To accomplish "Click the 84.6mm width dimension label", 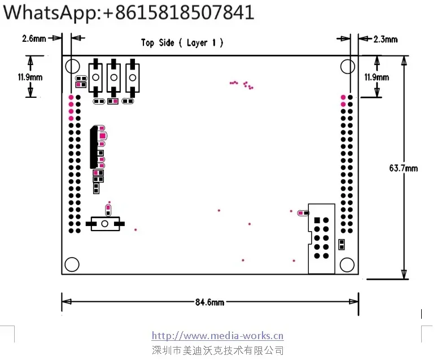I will (x=209, y=302).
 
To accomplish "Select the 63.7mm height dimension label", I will (x=403, y=168).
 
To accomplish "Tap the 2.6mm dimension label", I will (x=34, y=38).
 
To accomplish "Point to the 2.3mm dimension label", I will (x=386, y=39).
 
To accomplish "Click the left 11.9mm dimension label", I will (x=29, y=77).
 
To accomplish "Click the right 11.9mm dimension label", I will (x=376, y=77).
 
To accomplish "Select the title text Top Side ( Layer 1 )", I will (x=182, y=42).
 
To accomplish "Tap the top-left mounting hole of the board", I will (x=71, y=67).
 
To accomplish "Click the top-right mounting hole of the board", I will (x=347, y=67).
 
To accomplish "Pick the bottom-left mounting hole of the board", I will (x=71, y=263).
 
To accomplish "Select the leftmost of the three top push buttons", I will (x=97, y=76).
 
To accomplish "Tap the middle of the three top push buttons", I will (x=114, y=76).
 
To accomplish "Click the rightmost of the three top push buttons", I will (x=132, y=76).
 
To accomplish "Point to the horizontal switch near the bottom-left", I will (x=104, y=224).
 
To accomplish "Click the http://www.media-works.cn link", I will (x=218, y=336).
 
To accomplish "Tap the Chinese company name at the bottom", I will (x=218, y=350).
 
